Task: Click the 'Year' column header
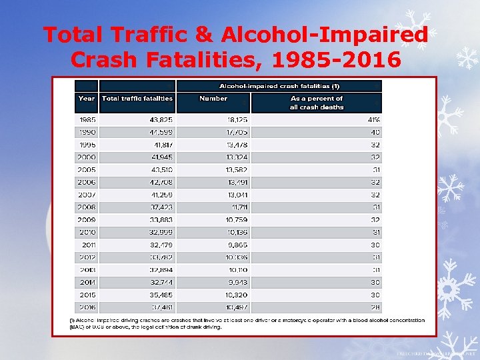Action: (87, 98)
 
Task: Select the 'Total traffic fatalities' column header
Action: (137, 98)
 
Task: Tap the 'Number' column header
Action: (213, 98)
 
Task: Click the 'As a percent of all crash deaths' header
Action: (316, 103)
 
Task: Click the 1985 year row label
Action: (87, 119)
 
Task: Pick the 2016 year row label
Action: (87, 307)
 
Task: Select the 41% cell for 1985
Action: (373, 119)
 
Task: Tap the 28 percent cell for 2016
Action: (375, 307)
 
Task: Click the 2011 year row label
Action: (88, 245)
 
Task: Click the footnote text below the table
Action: (247, 323)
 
